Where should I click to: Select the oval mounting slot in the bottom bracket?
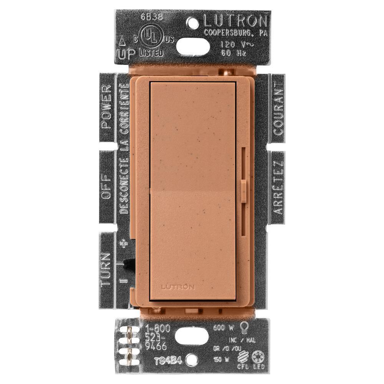tap(192, 338)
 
